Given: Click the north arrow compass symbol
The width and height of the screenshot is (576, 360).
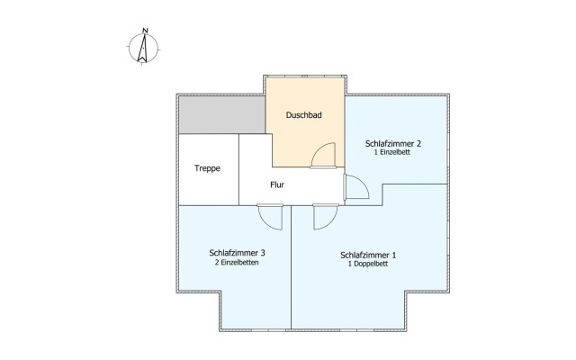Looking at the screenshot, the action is coord(143,48).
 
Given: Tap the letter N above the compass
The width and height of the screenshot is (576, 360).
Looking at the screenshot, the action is coord(146,31).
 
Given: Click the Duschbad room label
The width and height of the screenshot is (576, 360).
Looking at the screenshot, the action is coord(304,115).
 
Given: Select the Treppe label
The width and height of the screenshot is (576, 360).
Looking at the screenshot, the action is coord(207,168).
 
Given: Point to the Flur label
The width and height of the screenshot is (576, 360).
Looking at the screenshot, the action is coord(277,184).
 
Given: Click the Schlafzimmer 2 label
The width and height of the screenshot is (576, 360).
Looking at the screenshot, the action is coord(392,144).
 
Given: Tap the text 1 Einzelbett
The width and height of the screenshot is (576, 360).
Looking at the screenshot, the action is coord(392,152).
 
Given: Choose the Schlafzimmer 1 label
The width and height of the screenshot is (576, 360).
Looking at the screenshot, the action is coord(368,255).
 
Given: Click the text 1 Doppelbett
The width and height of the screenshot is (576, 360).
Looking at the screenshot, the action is coord(368,264).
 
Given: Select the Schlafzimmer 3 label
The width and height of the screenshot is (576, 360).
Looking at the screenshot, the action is coord(237,253).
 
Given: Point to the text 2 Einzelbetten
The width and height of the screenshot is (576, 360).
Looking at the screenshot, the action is coord(237,262).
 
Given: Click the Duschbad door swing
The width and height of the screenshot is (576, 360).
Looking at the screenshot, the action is coord(323,156).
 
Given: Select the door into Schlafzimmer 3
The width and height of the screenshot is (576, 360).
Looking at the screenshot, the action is coord(270,217).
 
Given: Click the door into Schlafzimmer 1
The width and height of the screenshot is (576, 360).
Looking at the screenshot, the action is coord(326,217).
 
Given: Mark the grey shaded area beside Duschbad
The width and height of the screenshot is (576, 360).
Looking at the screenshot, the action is coord(222,115).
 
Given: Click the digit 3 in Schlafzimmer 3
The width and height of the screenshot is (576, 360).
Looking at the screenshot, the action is coord(263,253).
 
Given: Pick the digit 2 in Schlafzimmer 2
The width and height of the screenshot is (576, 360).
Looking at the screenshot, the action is coord(418,144).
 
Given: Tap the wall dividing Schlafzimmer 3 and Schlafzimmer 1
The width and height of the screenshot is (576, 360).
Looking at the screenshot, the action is coord(291,267).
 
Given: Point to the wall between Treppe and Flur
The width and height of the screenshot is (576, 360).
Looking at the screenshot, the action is coord(238,169).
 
